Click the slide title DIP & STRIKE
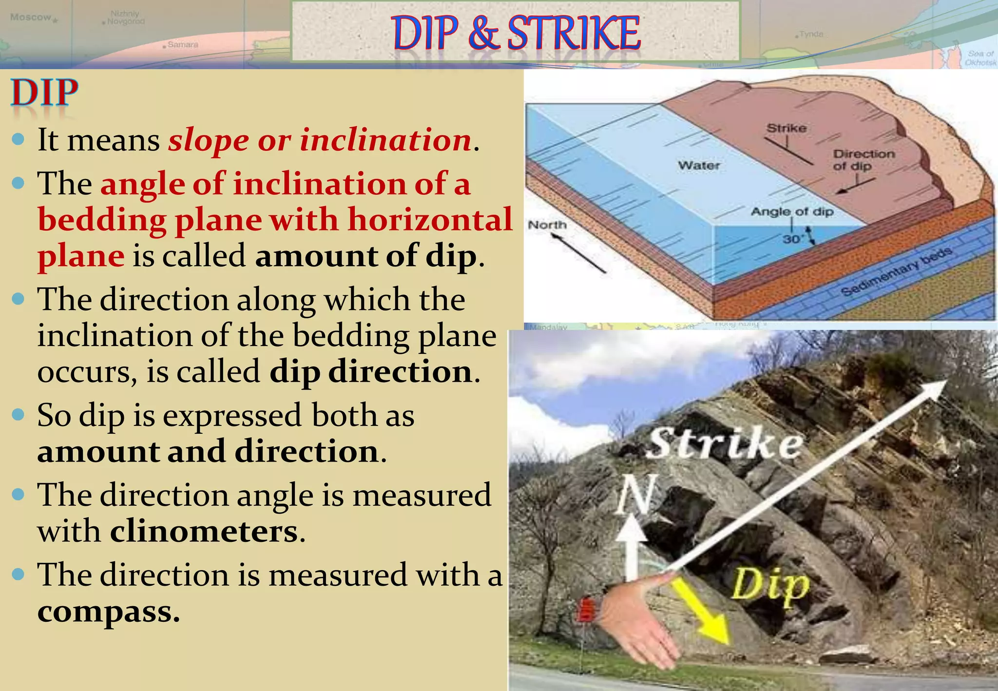[x=516, y=33]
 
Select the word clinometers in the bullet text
[x=204, y=532]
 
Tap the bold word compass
[x=108, y=612]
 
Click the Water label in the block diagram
[x=699, y=166]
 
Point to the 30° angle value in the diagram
[x=792, y=239]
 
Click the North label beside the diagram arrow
[x=547, y=225]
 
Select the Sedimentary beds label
[x=896, y=271]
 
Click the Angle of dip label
[x=792, y=212]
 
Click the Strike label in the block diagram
[x=786, y=128]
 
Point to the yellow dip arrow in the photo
[x=702, y=611]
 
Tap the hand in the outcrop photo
[x=638, y=619]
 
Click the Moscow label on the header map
[x=30, y=18]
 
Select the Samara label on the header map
[x=182, y=45]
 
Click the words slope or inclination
[x=320, y=141]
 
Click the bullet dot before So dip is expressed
[x=18, y=415]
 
